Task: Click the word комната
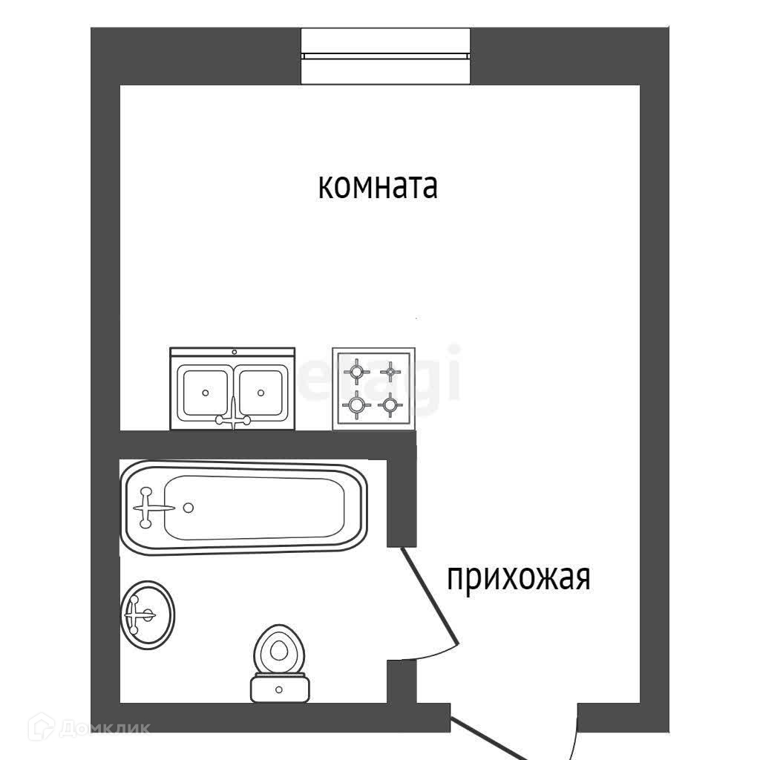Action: click(x=378, y=186)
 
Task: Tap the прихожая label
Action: click(x=518, y=577)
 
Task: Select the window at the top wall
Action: click(x=385, y=56)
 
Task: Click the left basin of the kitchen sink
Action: click(x=205, y=392)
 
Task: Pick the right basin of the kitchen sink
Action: click(x=261, y=392)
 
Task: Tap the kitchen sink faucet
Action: click(x=233, y=417)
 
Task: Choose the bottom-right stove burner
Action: click(x=389, y=404)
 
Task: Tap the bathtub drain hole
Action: click(x=189, y=508)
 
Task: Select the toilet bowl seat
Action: click(x=279, y=649)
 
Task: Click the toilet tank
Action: click(x=279, y=688)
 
